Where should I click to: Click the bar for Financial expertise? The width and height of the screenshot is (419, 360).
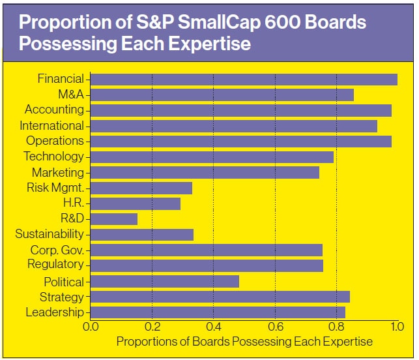click(x=244, y=80)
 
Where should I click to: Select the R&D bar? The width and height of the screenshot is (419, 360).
click(x=114, y=219)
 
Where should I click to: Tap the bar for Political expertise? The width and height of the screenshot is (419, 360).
click(x=165, y=282)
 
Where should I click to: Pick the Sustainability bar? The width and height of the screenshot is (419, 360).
click(x=142, y=234)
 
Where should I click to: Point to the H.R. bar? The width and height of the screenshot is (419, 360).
click(x=136, y=203)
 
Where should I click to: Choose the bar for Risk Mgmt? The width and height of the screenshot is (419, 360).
click(x=141, y=188)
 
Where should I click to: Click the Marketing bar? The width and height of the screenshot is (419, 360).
click(x=205, y=173)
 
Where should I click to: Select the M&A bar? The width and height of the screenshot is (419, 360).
click(x=222, y=95)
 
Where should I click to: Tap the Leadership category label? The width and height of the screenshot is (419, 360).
click(x=55, y=312)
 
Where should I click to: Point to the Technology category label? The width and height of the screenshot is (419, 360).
click(x=53, y=157)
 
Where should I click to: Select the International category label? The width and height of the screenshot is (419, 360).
click(x=51, y=126)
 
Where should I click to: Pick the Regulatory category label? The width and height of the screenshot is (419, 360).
click(x=55, y=264)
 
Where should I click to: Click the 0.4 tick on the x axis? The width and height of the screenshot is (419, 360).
click(x=213, y=327)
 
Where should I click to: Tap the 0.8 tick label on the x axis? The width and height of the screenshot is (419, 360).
click(x=336, y=327)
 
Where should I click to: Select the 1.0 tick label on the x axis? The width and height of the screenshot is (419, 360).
click(x=397, y=327)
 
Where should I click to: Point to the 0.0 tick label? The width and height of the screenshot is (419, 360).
click(x=91, y=327)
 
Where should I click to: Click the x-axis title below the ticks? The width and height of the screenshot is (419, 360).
click(x=244, y=342)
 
